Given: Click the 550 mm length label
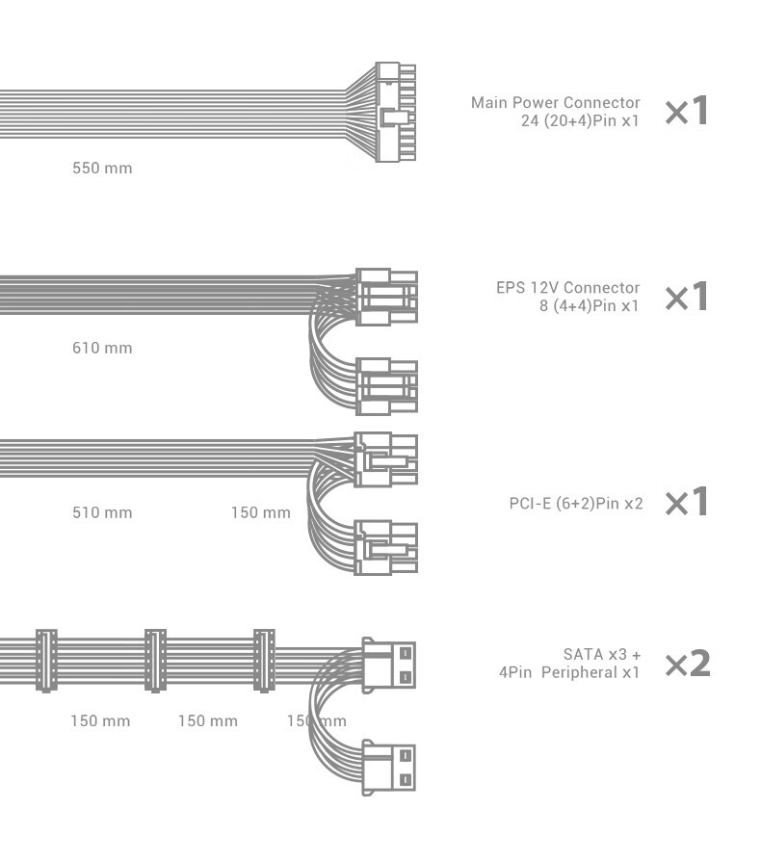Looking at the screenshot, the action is coord(102,168).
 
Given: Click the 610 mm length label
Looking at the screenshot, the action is coord(102,348).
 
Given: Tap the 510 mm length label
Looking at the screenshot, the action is coord(102,512).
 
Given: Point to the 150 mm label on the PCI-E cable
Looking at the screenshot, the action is coord(261,512).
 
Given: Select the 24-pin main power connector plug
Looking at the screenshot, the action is coord(396,112).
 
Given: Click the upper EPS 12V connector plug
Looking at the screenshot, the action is coord(386,297).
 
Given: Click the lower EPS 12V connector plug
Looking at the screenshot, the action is coord(386,386).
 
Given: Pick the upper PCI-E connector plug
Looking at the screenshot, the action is coord(386,459).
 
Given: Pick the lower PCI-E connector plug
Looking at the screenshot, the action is coord(386,547).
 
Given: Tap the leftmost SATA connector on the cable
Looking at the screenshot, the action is coord(46,661).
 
